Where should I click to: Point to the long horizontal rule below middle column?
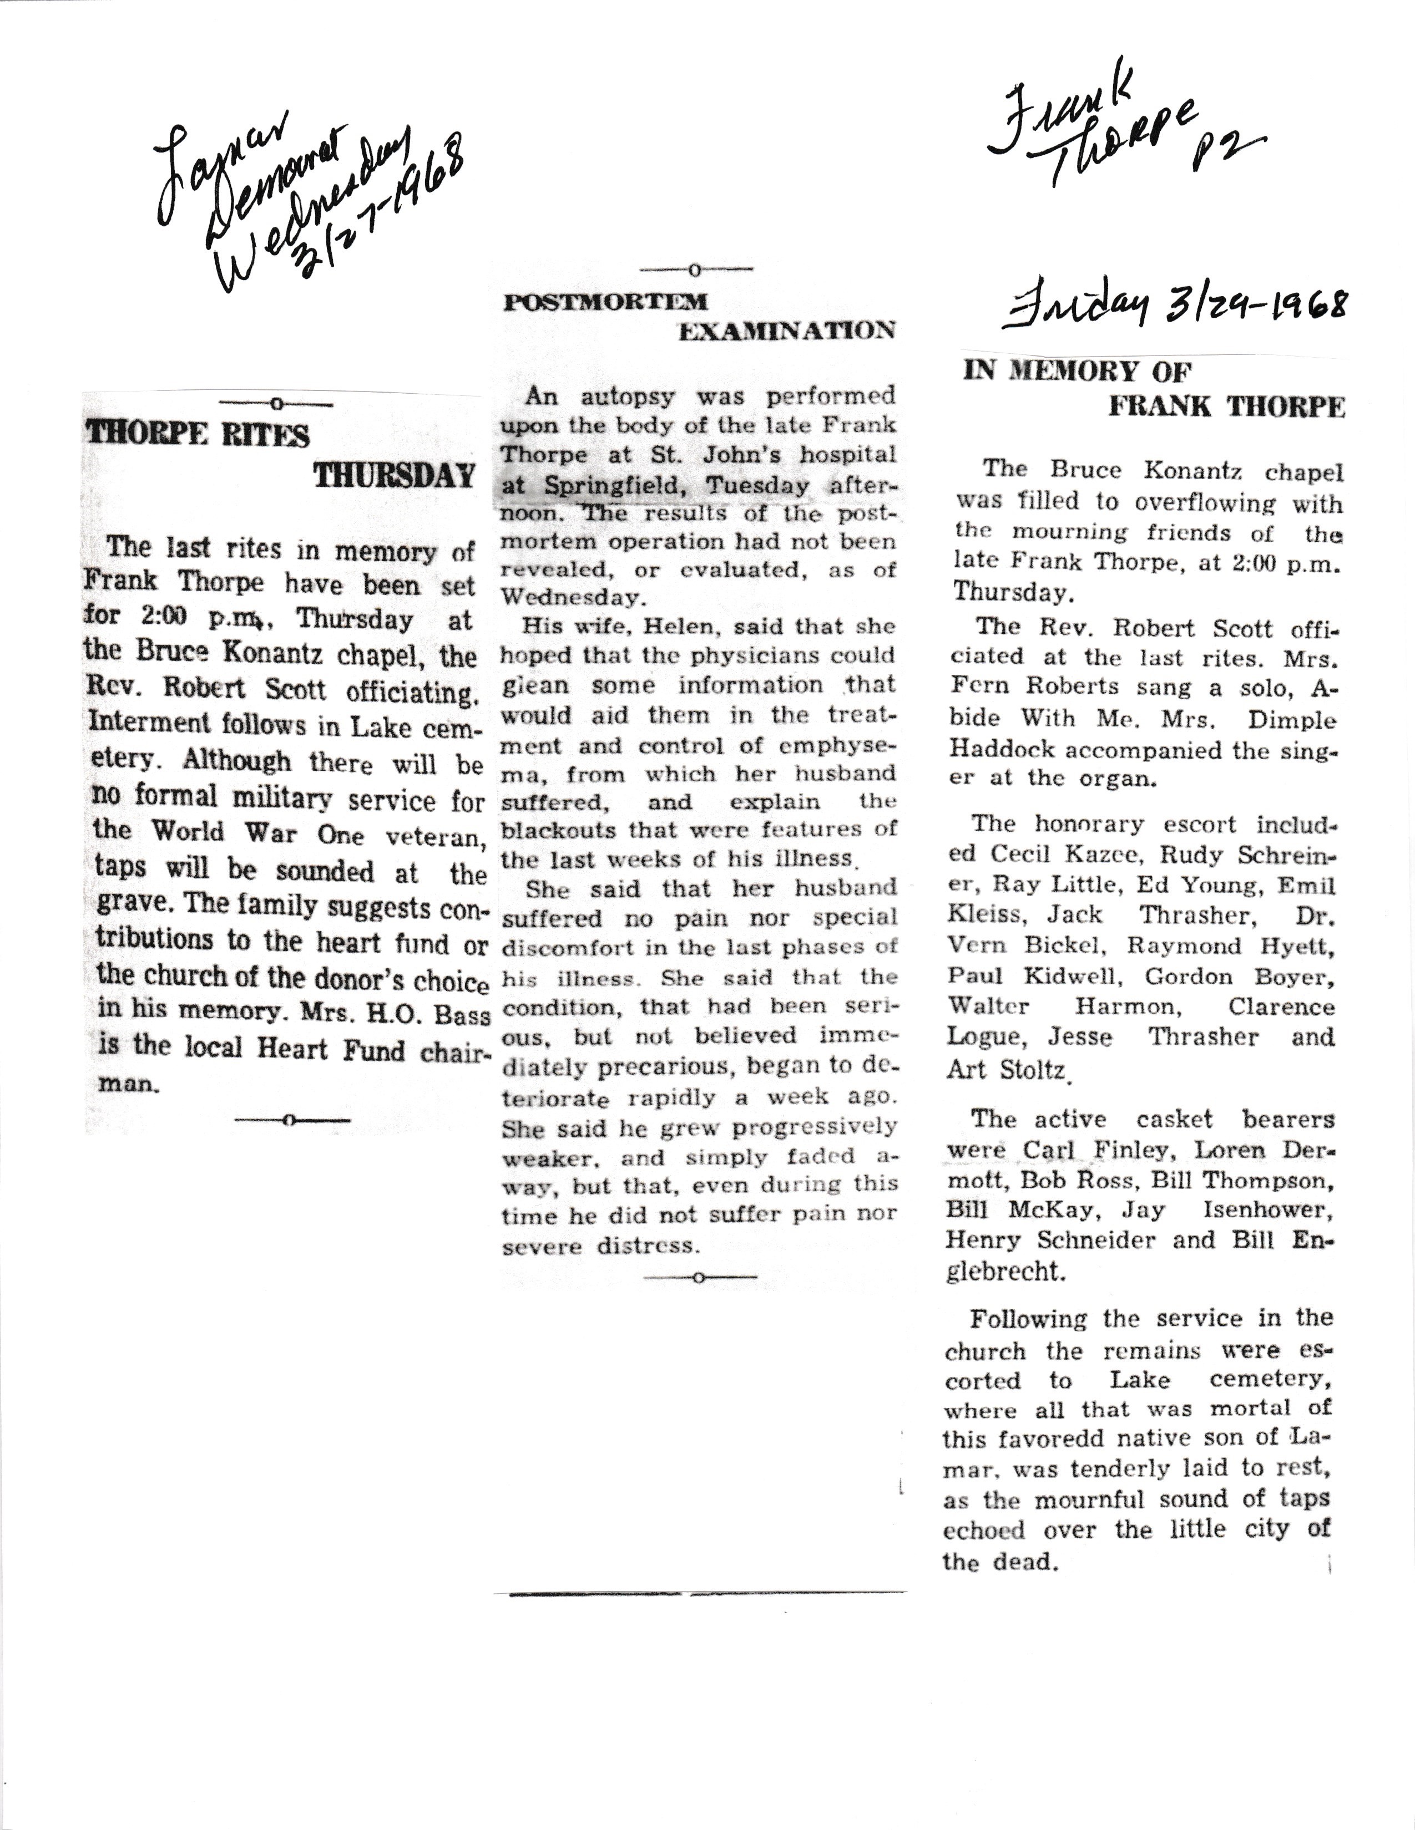[700, 1593]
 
